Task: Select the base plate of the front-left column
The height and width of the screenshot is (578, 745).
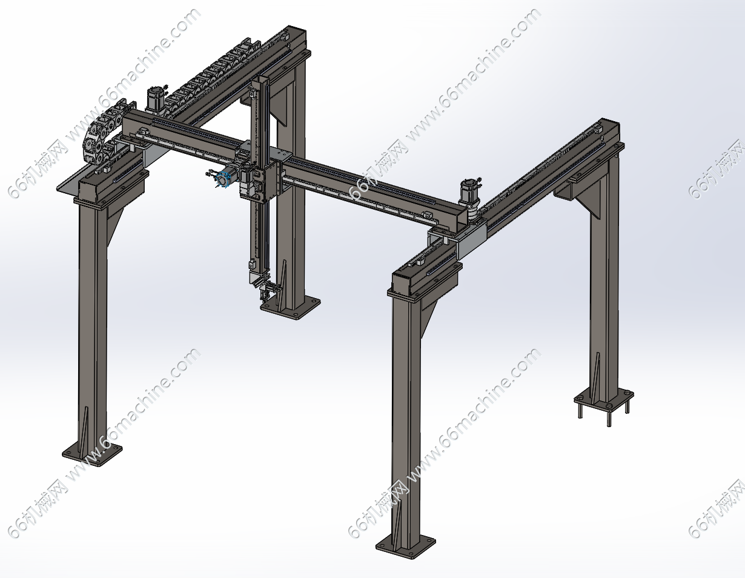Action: (x=92, y=455)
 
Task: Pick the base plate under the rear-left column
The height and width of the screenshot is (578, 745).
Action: (x=290, y=308)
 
